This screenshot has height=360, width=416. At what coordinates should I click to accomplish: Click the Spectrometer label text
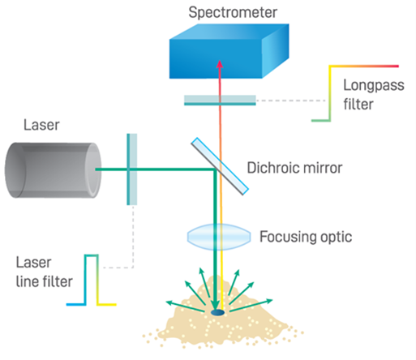coord(233,13)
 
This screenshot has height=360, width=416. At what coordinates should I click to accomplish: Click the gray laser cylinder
coord(53,170)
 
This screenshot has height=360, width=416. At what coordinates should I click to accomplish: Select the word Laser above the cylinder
coord(41,125)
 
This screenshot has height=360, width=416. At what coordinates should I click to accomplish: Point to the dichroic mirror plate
coord(220,166)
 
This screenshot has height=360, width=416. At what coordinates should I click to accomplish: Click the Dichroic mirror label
coord(294,168)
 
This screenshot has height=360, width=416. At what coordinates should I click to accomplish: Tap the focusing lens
coord(219,237)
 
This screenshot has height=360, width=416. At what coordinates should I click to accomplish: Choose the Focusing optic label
coord(306,237)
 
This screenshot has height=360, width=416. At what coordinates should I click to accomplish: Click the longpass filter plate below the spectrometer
coord(220,100)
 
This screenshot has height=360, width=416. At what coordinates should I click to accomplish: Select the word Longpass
coord(374,86)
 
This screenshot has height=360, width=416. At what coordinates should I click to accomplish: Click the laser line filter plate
coord(132,169)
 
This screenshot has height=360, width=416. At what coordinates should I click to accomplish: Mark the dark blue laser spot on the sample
coord(217,313)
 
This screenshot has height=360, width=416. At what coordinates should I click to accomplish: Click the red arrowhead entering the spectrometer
coord(220,64)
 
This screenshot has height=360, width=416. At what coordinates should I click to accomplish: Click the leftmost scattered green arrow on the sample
coord(185,306)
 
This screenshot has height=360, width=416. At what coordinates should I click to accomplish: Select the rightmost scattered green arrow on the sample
coord(251,306)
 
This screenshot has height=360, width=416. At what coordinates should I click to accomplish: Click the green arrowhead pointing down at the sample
coord(216,306)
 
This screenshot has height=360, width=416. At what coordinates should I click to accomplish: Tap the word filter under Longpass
coord(358,105)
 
